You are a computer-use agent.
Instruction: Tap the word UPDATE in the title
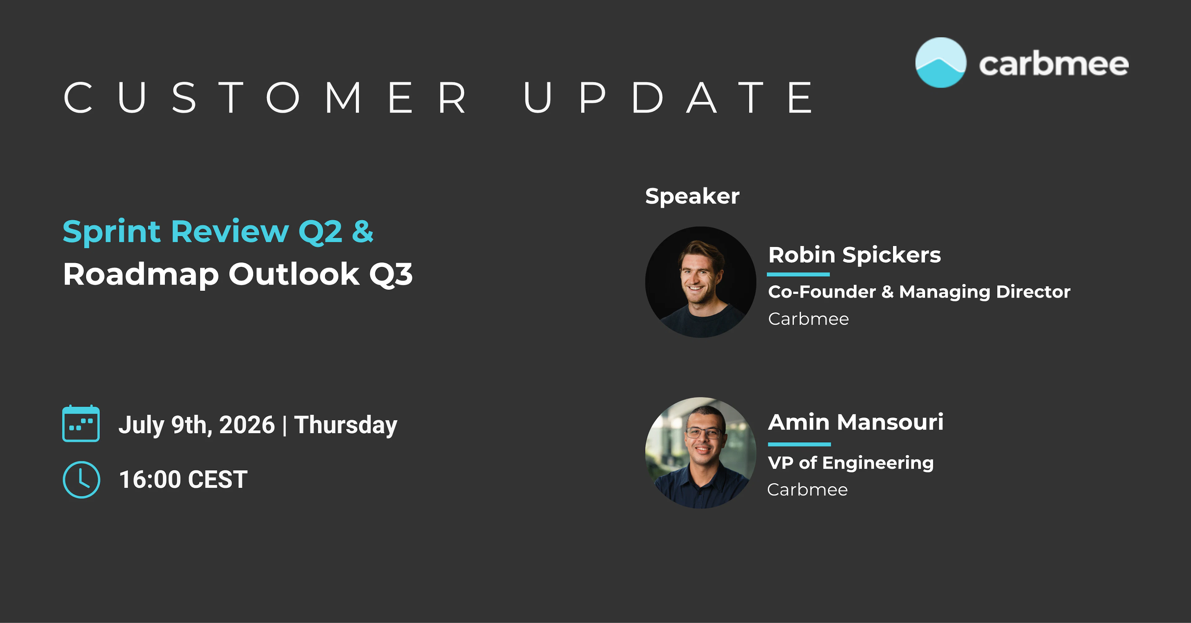(668, 98)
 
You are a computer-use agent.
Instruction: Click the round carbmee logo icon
(941, 62)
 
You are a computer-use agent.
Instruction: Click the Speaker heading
(692, 196)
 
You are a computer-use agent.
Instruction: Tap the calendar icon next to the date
(81, 423)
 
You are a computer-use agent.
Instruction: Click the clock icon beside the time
(81, 480)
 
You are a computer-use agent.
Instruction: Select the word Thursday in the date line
(346, 425)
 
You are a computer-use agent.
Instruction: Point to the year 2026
(247, 425)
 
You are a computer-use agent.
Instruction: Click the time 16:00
(150, 480)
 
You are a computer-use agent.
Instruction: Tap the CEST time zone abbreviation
(218, 480)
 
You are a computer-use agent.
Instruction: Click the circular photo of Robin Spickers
(700, 282)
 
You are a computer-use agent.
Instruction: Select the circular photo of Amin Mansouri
(700, 453)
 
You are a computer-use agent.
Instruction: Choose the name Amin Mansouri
(856, 422)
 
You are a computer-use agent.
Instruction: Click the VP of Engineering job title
(851, 463)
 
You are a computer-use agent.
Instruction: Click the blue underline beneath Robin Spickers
(798, 274)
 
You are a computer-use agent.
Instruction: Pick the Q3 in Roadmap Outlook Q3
(391, 274)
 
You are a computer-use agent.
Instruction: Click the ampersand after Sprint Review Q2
(363, 232)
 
